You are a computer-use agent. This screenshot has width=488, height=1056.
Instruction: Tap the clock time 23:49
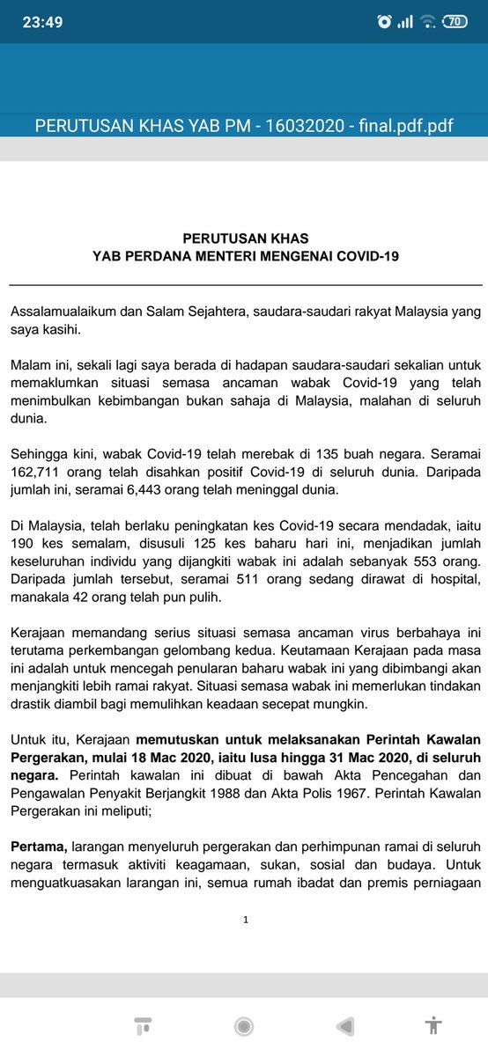(42, 22)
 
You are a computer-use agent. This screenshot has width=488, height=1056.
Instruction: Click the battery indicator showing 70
(455, 21)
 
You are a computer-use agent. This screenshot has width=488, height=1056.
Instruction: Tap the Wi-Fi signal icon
(428, 22)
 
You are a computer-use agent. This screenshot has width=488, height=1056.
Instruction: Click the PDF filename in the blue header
(244, 125)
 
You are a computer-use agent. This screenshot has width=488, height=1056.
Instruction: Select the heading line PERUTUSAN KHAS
(246, 238)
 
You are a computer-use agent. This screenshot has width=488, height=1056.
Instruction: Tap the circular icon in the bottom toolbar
(244, 1026)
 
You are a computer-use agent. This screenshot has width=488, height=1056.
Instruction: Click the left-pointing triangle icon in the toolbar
(345, 1026)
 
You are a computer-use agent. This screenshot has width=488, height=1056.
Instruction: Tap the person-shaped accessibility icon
(433, 1026)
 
